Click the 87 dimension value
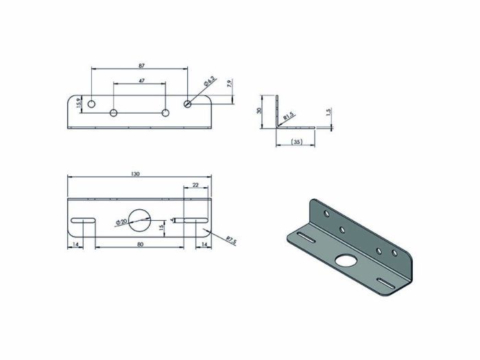pyautogui.click(x=141, y=66)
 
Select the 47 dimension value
pyautogui.click(x=141, y=81)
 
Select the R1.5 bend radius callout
pyautogui.click(x=289, y=119)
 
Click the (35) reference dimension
pyautogui.click(x=296, y=142)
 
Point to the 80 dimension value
pyautogui.click(x=141, y=244)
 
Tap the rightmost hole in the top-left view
pyautogui.click(x=188, y=104)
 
